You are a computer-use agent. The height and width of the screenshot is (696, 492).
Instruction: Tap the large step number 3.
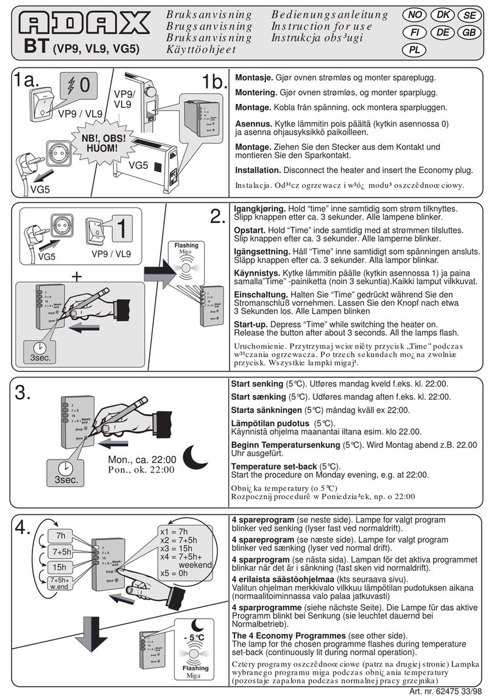(x=23, y=393)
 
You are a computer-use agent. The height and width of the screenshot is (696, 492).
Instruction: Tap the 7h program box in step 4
(x=60, y=536)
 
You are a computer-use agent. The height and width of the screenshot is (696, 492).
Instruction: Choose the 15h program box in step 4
(x=60, y=568)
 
